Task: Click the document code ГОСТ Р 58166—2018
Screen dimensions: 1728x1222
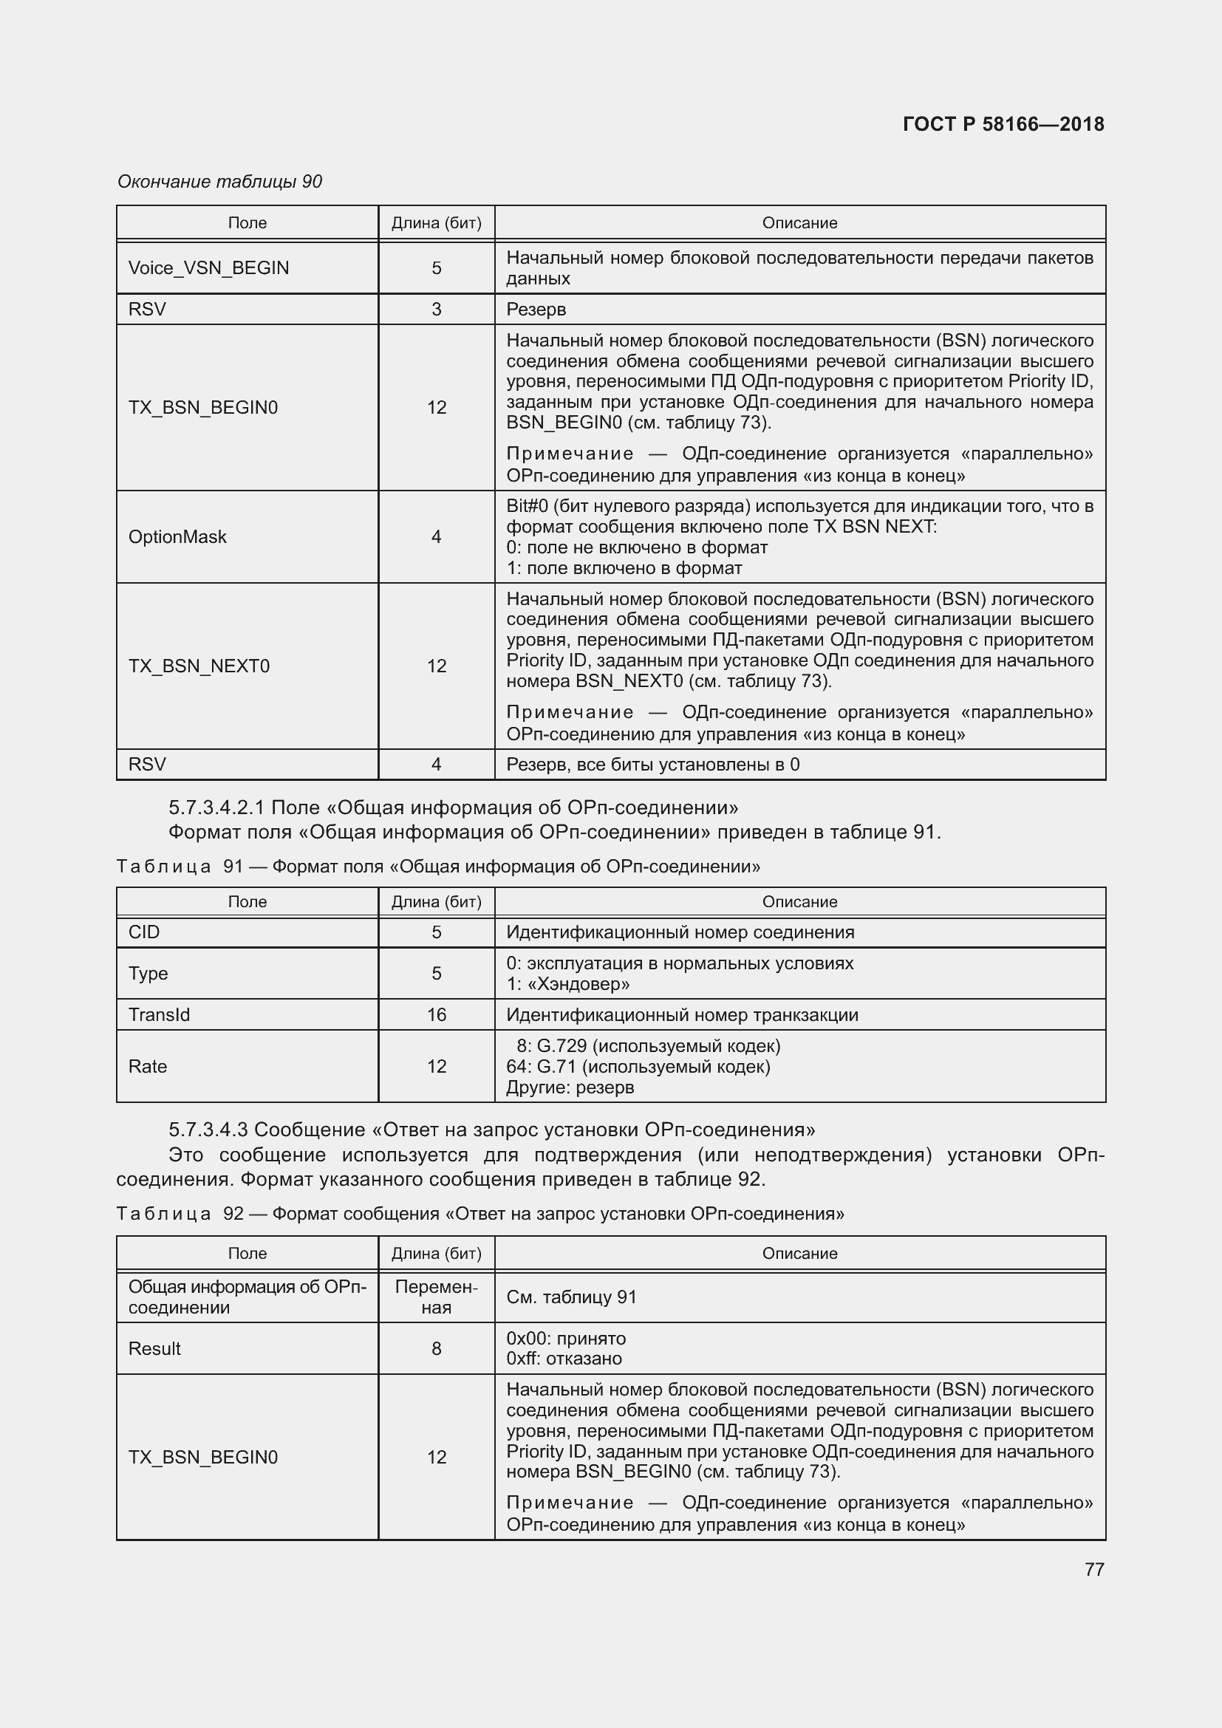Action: [x=1003, y=124]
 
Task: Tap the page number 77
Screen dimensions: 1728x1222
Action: [x=1094, y=1569]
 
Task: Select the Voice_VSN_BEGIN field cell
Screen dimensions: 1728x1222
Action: [x=208, y=268]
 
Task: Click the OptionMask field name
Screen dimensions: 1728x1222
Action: [x=177, y=536]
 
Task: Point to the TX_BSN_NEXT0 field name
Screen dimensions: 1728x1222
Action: [x=199, y=666]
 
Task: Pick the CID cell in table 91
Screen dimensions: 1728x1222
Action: [x=145, y=932]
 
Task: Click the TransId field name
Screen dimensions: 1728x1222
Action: [x=160, y=1014]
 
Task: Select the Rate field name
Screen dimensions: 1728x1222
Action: [x=149, y=1067]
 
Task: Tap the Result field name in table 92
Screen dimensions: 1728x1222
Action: [x=155, y=1349]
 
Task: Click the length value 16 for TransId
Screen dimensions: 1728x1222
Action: [x=437, y=1014]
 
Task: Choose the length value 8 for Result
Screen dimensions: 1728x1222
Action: [x=437, y=1349]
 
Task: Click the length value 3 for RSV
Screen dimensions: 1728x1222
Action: [x=437, y=310]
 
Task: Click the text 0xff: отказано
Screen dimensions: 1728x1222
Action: [x=564, y=1359]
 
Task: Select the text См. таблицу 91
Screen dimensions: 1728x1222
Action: [x=571, y=1297]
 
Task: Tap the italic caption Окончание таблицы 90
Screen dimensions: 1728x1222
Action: [x=219, y=182]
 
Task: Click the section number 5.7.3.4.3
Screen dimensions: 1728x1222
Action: [x=208, y=1130]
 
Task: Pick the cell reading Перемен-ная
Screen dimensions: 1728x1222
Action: [x=437, y=1297]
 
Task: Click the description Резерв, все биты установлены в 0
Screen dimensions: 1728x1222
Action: [x=652, y=765]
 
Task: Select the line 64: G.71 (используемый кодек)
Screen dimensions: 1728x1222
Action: [x=638, y=1067]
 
